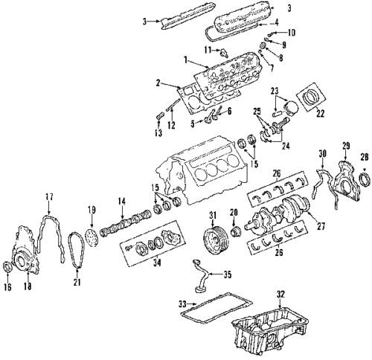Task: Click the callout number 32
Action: tap(280, 294)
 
